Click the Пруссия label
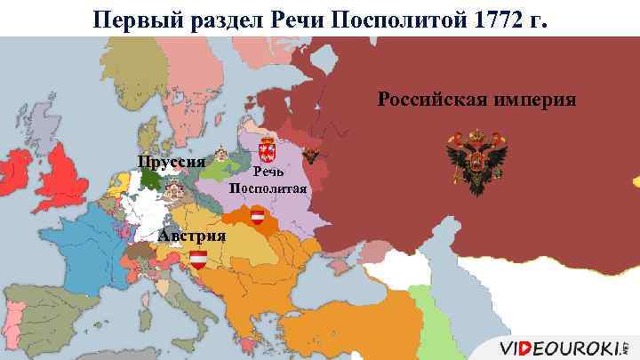pos(172,162)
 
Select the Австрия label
pos(192,236)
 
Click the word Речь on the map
pos(270,172)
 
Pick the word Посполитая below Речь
pos(268,188)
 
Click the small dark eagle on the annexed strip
pos(311,154)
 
